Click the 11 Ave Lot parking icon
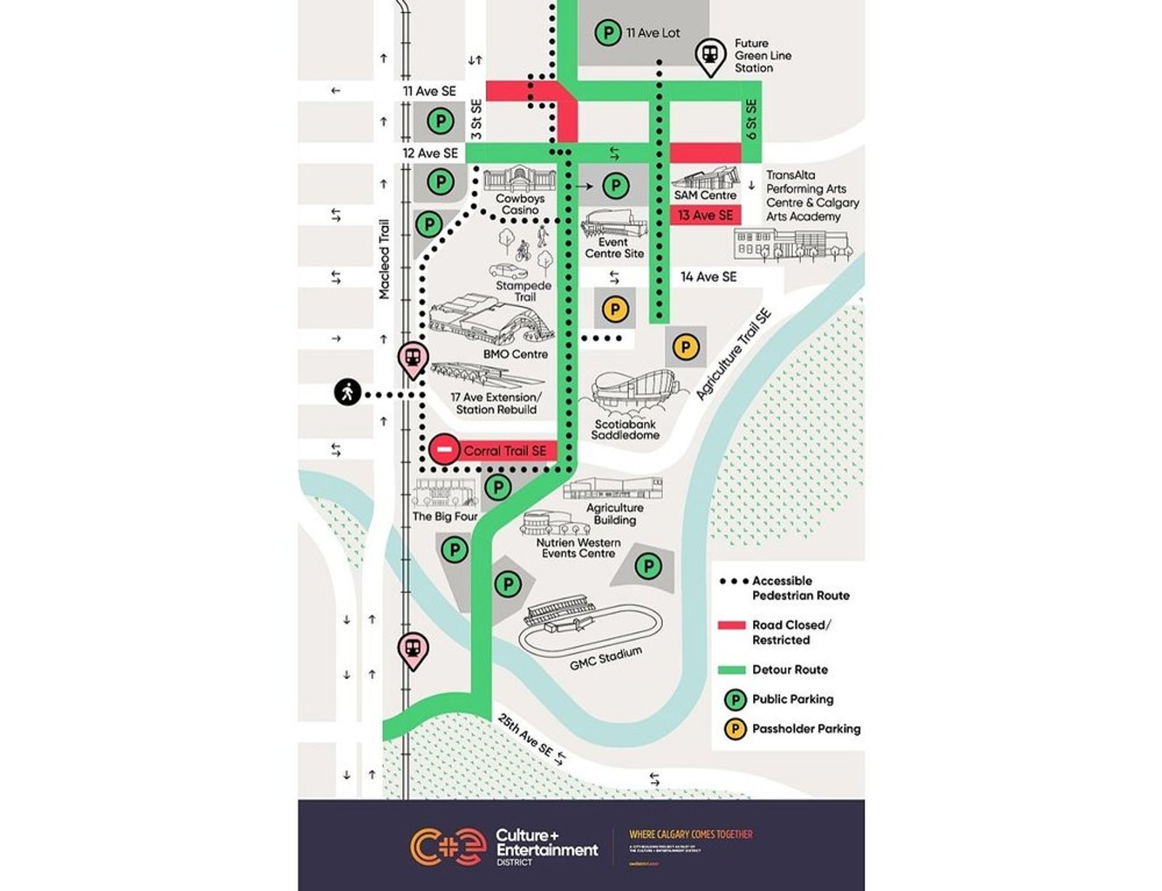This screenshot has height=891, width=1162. pos(607,33)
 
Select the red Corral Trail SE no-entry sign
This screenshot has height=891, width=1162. pos(444,450)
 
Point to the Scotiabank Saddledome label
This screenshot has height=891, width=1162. pos(625,429)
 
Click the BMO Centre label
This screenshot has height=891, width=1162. pos(515,354)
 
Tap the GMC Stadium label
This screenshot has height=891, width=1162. pos(606,658)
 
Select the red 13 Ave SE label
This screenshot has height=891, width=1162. pos(705,216)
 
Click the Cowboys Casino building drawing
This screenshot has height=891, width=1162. pos(519,179)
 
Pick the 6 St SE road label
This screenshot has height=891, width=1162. pos(751,119)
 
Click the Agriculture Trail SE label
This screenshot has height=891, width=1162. pos(734,354)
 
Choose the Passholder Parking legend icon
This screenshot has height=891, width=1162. pos(735,729)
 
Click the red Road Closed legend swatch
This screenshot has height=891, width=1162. pos(731,625)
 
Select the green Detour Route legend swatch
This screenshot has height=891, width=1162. pos(731,670)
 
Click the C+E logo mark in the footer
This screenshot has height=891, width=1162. pos(447,846)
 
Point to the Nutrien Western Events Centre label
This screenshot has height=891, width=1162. pos(578,548)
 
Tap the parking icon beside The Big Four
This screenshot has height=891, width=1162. pos(497,487)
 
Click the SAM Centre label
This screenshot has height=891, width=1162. pos(704,195)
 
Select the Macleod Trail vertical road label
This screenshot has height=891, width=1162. pos(384,259)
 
